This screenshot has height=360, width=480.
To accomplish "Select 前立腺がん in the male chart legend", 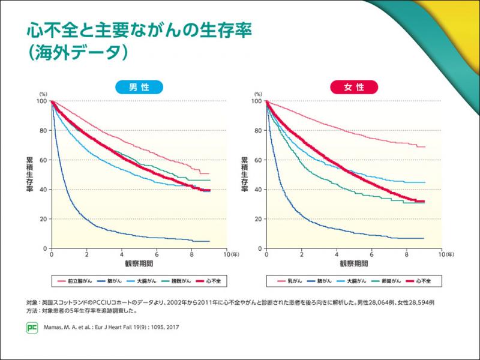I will pos(78,280).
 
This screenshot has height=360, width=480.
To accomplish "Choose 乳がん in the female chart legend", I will pos(295,280).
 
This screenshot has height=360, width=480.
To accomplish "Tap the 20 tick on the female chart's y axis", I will pos(257,219).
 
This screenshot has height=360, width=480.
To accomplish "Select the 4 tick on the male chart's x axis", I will pos(122,255).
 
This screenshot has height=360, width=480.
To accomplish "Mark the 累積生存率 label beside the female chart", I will pos(244,174).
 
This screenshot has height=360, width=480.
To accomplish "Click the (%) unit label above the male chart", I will pos(43,94).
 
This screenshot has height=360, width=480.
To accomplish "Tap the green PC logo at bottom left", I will pos(32,328).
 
